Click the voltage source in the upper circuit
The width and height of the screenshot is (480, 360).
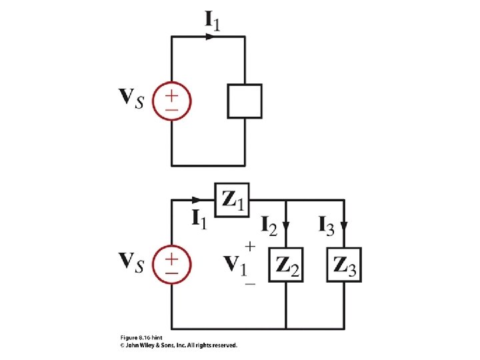click(172, 101)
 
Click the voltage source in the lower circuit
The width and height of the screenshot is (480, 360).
click(172, 265)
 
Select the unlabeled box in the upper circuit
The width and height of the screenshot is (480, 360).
click(245, 101)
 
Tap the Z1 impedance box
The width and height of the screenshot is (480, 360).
click(231, 199)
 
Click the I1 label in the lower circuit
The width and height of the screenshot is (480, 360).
click(199, 217)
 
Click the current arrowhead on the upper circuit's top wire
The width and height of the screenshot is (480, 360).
click(211, 37)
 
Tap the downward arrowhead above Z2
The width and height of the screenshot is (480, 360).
click(286, 225)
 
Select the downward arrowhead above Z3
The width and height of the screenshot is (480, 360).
click(344, 225)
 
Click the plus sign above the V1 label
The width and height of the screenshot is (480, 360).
click(250, 246)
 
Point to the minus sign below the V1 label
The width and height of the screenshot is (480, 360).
click(250, 284)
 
